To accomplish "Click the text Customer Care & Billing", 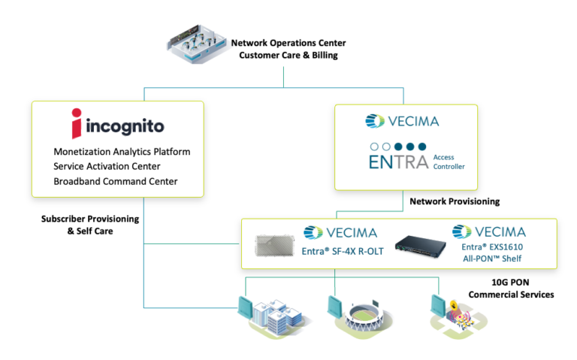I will click(284, 55).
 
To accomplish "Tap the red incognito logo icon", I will click(75, 123).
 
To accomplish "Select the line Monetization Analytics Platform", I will click(122, 151).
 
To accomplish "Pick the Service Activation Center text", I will click(107, 166).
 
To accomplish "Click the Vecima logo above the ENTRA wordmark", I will click(401, 120).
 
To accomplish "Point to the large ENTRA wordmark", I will click(395, 161).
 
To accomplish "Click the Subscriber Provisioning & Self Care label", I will click(90, 224).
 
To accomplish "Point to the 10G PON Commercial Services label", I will click(511, 288).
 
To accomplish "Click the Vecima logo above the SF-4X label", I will click(340, 232).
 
